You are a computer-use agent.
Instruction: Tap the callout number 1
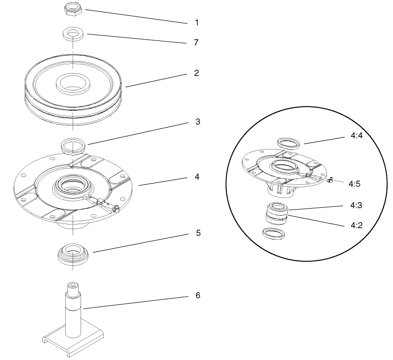pyautogui.click(x=196, y=22)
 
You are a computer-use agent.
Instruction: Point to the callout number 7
pyautogui.click(x=196, y=42)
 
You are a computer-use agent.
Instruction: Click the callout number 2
pyautogui.click(x=196, y=73)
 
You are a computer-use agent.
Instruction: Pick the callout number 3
pyautogui.click(x=197, y=122)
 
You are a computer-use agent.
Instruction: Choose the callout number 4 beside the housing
pyautogui.click(x=197, y=177)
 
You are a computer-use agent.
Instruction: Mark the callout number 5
pyautogui.click(x=198, y=233)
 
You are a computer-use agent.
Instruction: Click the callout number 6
pyautogui.click(x=198, y=296)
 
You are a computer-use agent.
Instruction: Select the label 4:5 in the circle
pyautogui.click(x=354, y=183)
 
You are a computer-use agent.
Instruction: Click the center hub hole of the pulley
pyautogui.click(x=73, y=84)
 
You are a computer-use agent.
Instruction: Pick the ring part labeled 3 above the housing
pyautogui.click(x=74, y=144)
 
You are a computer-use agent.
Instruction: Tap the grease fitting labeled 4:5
pyautogui.click(x=330, y=180)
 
